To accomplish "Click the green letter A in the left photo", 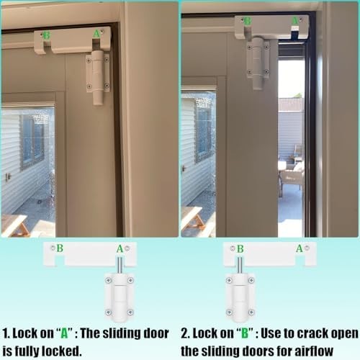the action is point(96,34).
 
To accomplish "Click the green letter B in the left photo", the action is point(47,35).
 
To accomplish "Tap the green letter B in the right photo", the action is point(248,21).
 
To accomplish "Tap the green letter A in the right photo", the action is point(295,21).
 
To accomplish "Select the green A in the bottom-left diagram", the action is point(120,249).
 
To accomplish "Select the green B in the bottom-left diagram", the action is point(60,248).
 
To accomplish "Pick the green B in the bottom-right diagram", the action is point(240,249).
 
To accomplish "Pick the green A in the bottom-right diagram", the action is point(300,248).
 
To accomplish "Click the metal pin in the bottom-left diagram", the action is point(120,265).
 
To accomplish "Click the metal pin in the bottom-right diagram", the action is point(240,265).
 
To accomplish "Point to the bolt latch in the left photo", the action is point(98,77).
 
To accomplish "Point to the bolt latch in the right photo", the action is point(258,63).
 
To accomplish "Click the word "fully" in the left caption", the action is point(27,351).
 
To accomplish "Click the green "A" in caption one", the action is point(64,333).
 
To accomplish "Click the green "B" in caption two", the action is point(245,333).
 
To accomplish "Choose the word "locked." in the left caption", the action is point(62,351).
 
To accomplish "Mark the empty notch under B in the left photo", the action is point(48,47).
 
